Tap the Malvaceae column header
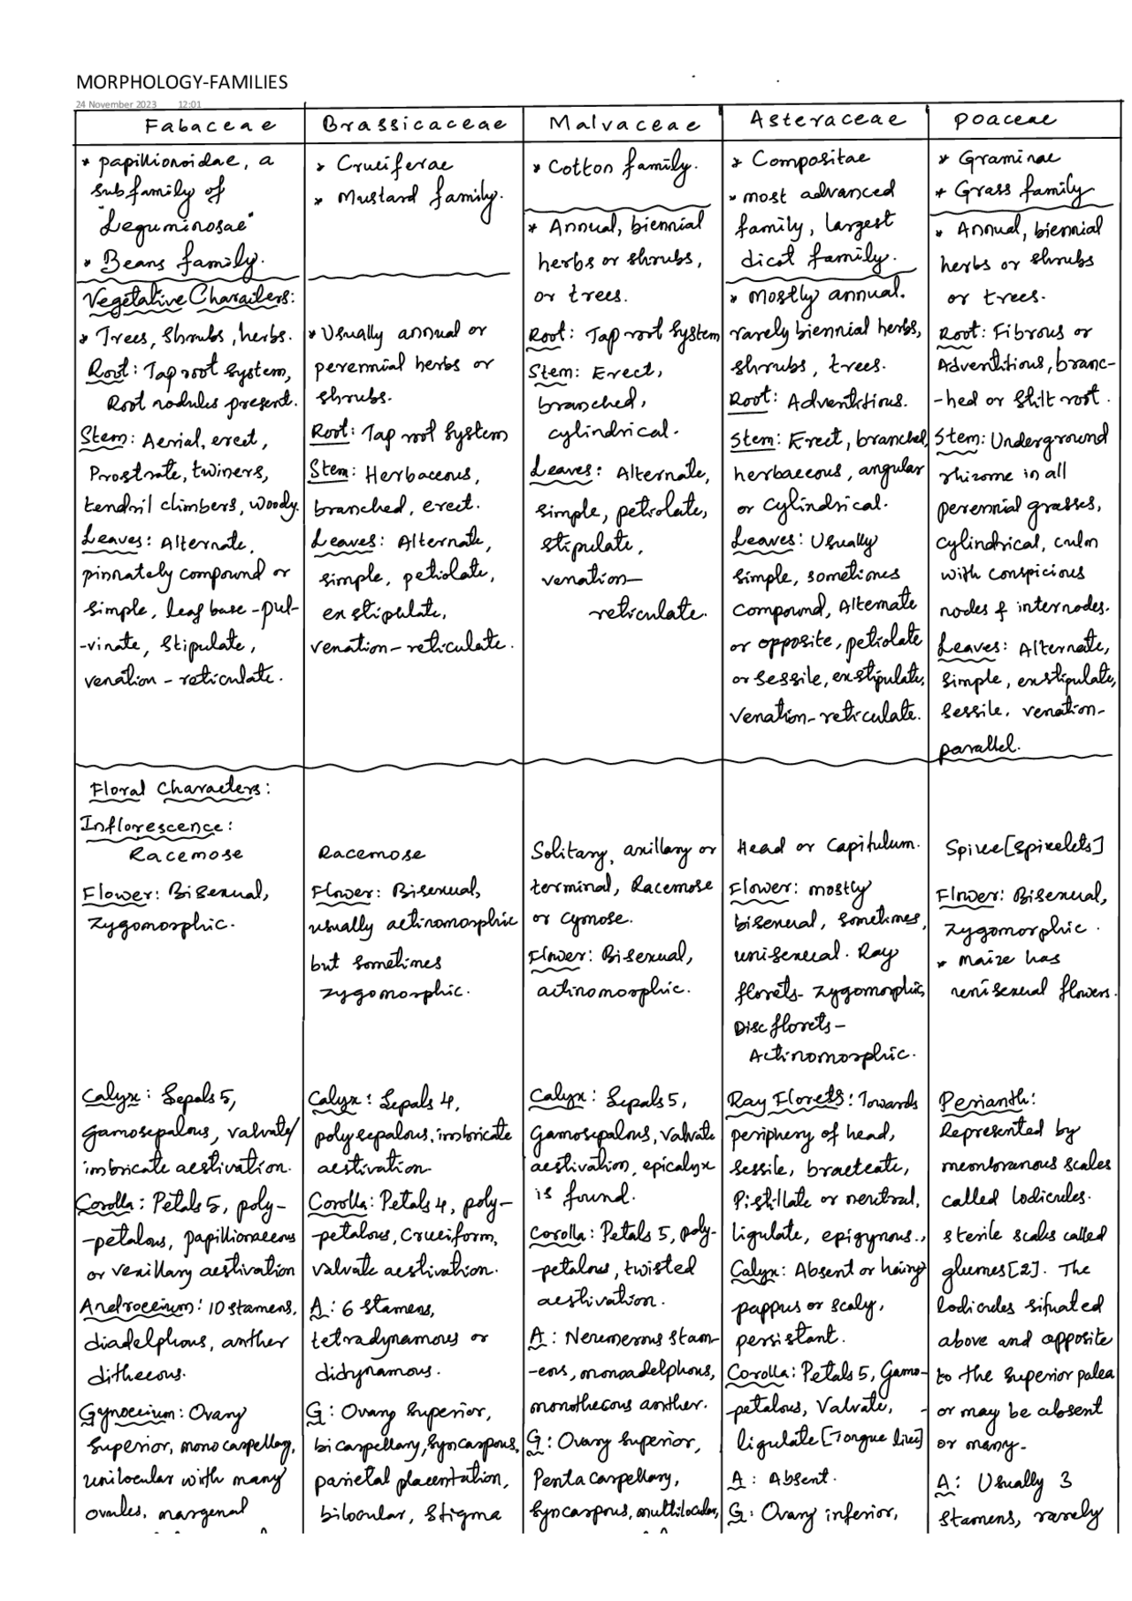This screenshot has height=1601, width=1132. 624,124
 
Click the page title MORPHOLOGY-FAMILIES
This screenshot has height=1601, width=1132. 181,82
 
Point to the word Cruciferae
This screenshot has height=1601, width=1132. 393,165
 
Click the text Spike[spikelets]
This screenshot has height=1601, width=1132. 1023,850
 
